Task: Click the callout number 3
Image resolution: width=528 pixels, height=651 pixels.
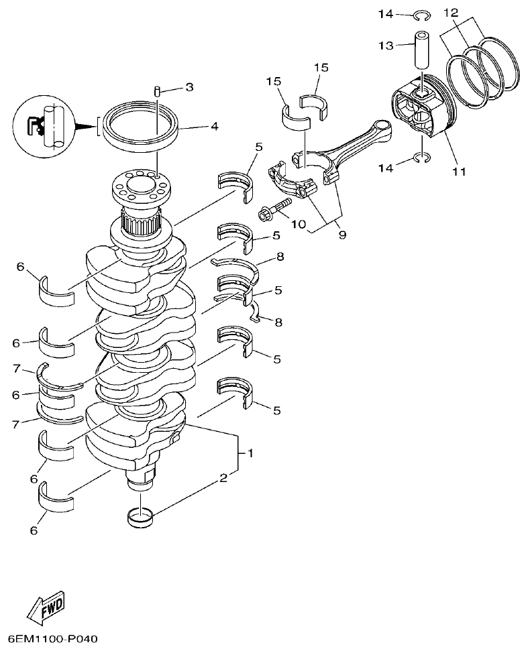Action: pos(189,87)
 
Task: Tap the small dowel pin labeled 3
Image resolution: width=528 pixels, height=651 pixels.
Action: pos(157,91)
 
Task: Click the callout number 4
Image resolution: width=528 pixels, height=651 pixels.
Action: pos(214,125)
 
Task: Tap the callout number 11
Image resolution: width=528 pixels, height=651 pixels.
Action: pos(458,172)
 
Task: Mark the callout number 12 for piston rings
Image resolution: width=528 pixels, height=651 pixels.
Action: pos(451,13)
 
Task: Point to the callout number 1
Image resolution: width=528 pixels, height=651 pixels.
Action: pos(250,453)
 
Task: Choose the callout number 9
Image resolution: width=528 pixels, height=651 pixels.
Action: pos(342,235)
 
